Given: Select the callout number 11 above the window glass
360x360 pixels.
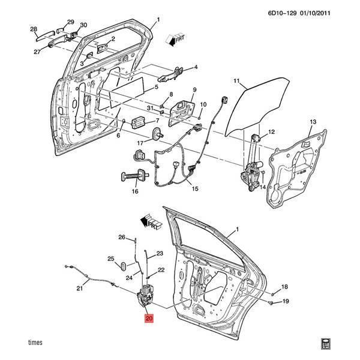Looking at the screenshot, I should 236,80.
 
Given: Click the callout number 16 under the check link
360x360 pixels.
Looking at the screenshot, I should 135,191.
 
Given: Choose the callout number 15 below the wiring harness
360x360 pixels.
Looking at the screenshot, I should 194,188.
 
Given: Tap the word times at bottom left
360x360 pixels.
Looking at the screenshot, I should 35,342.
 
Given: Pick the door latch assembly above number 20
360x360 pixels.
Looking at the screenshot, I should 146,297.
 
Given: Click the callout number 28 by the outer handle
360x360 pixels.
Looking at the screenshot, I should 34,29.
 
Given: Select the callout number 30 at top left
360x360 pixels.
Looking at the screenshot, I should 83,25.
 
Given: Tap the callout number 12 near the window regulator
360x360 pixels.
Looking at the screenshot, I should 271,132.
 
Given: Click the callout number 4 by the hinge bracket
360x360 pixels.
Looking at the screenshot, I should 195,67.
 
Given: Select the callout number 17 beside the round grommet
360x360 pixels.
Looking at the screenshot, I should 140,143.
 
